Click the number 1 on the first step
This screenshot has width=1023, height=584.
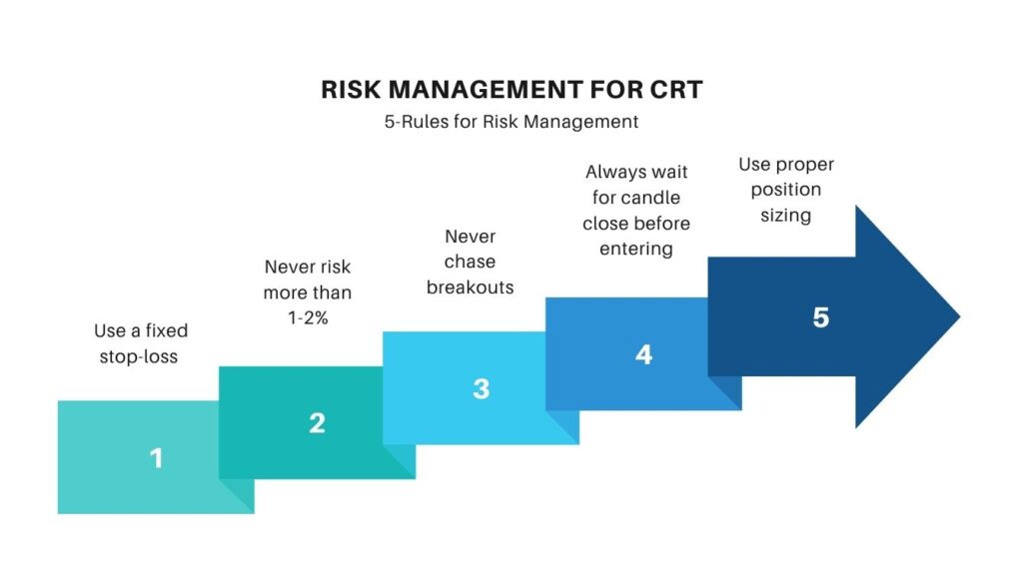pyautogui.click(x=156, y=458)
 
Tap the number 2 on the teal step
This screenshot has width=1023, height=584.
pyautogui.click(x=317, y=423)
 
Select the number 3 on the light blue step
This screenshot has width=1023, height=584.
pyautogui.click(x=481, y=388)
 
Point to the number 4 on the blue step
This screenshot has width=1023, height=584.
pyautogui.click(x=644, y=354)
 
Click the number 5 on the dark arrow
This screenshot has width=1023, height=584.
pyautogui.click(x=820, y=317)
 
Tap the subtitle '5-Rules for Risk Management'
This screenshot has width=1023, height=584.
pyautogui.click(x=511, y=123)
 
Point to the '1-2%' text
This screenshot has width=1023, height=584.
pyautogui.click(x=307, y=318)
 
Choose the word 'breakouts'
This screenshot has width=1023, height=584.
pyautogui.click(x=470, y=288)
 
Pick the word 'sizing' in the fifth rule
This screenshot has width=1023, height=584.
pyautogui.click(x=785, y=215)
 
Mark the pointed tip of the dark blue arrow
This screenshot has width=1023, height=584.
pyautogui.click(x=959, y=316)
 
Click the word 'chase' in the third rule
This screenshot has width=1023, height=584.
pyautogui.click(x=470, y=262)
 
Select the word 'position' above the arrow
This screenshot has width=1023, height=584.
pyautogui.click(x=785, y=190)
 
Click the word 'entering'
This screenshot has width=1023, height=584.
pyautogui.click(x=636, y=249)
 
